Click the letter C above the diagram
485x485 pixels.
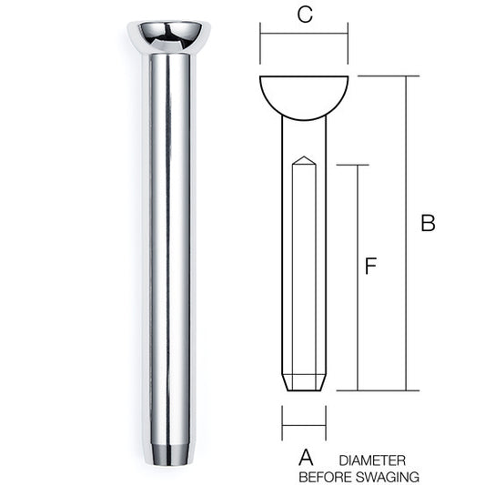(x=305, y=15)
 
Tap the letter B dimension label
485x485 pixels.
(x=428, y=223)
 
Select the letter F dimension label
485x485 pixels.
(x=370, y=266)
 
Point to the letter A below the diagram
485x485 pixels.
(x=306, y=458)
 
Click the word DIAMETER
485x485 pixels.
(x=372, y=460)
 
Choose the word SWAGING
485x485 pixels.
(x=388, y=476)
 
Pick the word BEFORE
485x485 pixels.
(x=326, y=476)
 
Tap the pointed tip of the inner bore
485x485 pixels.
(x=304, y=157)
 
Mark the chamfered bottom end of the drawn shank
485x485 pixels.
(x=304, y=383)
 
